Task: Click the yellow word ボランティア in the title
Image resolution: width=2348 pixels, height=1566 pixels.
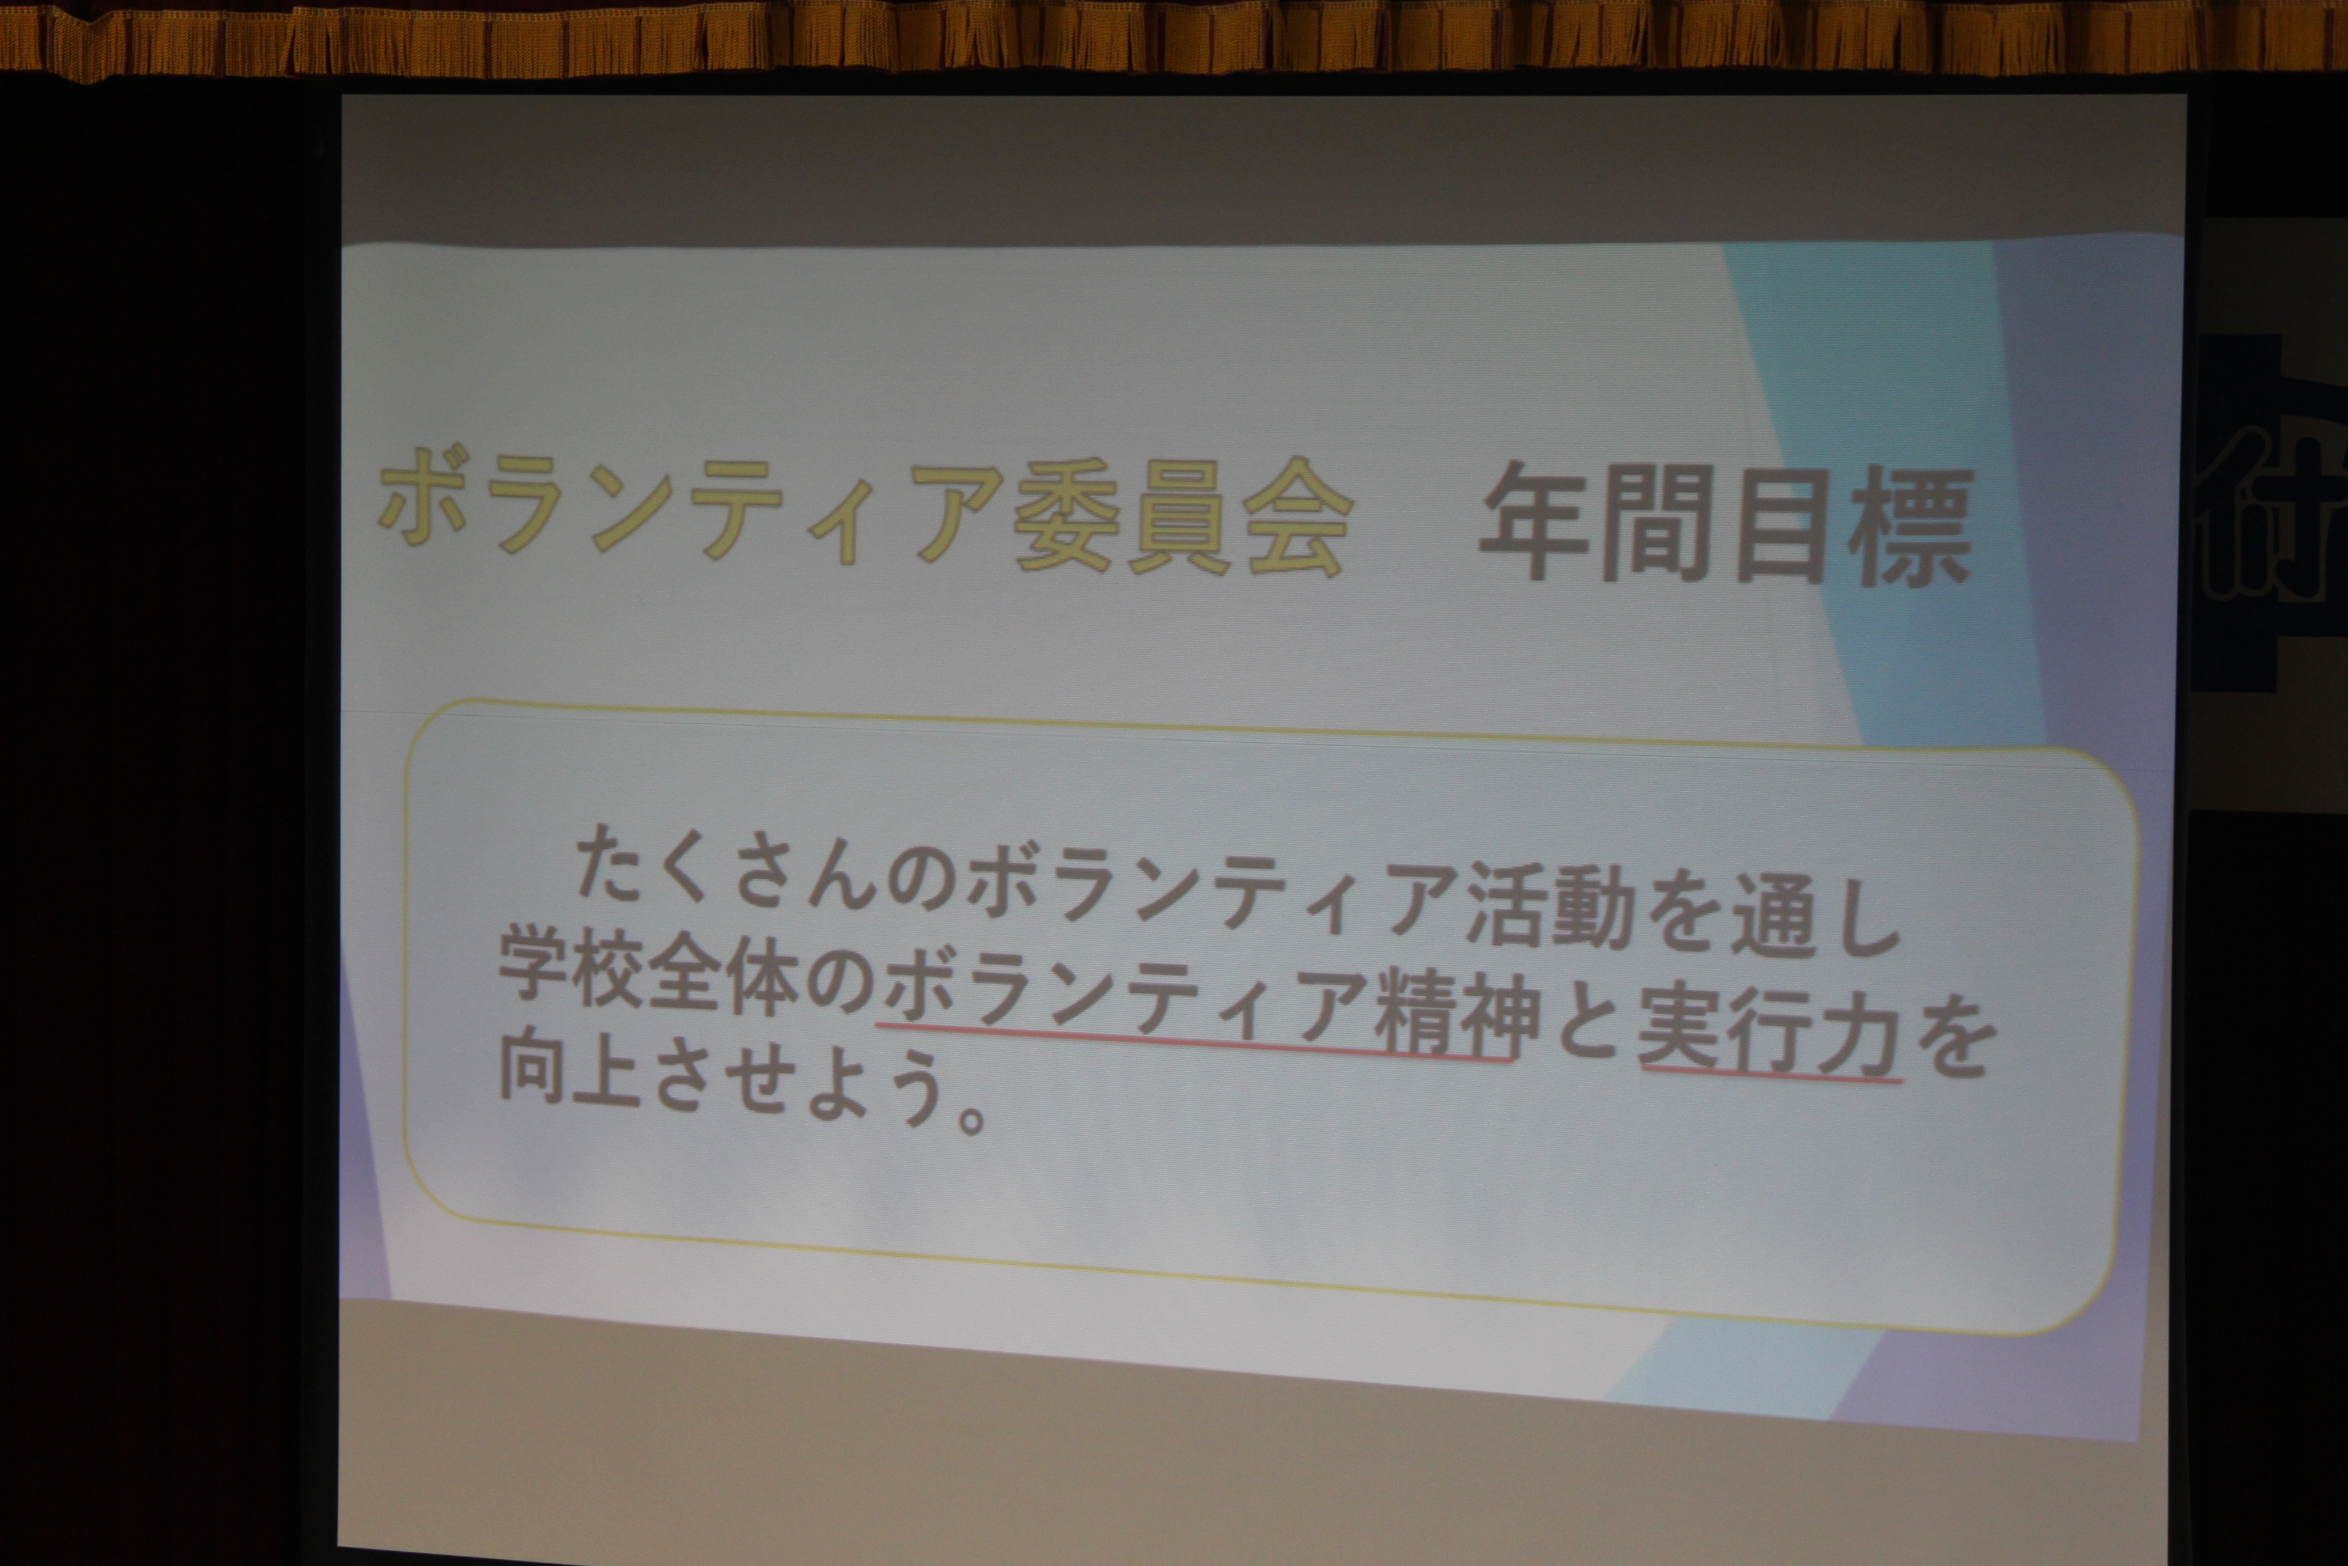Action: pos(689,506)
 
